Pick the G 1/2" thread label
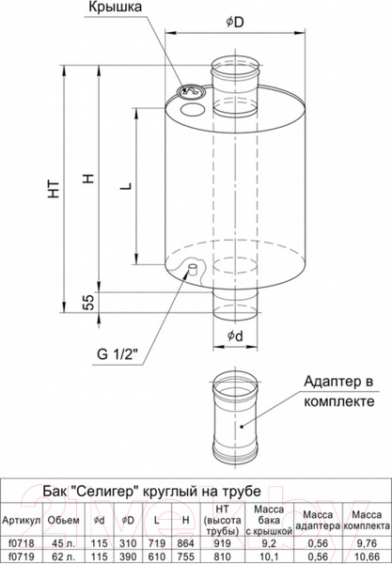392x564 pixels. click(118, 354)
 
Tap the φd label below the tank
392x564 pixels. click(237, 336)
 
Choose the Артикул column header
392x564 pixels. click(22, 519)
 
